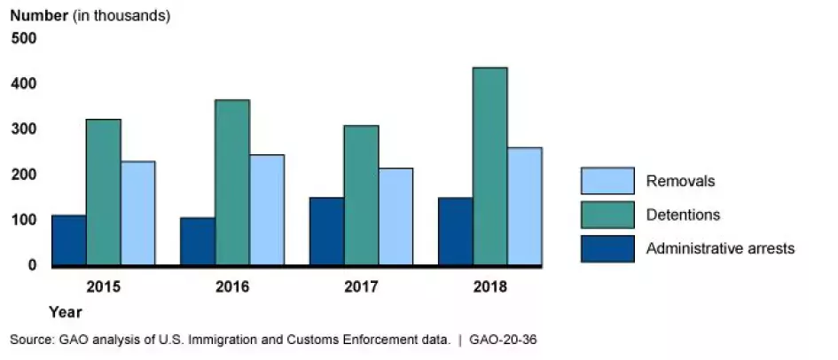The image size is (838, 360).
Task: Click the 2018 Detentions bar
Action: (489, 167)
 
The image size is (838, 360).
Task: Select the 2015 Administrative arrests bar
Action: (68, 239)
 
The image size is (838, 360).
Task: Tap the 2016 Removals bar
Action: (267, 210)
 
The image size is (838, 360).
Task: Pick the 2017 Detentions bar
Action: (361, 195)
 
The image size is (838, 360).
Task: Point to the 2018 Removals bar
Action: (524, 207)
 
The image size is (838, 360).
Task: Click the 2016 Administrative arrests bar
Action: (198, 241)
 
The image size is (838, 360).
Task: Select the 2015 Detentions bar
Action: (103, 192)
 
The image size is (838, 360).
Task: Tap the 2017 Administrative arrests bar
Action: (326, 231)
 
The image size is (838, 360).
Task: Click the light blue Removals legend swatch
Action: (607, 181)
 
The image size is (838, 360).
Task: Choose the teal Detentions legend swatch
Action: (607, 215)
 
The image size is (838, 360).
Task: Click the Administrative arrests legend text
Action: (720, 248)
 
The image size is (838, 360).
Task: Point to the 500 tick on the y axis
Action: (24, 38)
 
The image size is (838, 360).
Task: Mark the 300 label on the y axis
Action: (24, 129)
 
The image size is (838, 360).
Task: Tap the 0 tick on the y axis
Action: (32, 265)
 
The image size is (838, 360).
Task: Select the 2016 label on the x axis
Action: (232, 287)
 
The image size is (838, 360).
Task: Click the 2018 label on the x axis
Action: (489, 287)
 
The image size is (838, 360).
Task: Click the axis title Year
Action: (65, 312)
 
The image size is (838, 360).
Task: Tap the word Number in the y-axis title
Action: (38, 16)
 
